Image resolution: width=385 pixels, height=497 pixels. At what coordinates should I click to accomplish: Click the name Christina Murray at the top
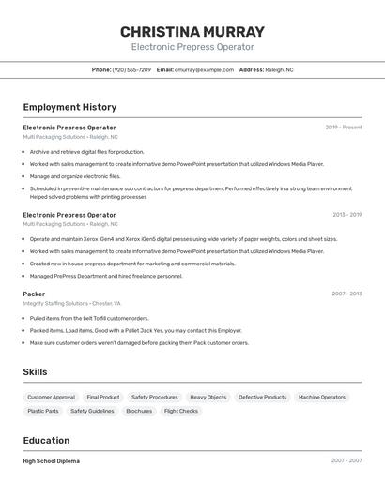[x=192, y=31]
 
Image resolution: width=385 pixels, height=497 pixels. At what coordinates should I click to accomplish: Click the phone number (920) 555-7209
[x=131, y=70]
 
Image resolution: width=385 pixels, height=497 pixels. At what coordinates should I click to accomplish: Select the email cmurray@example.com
[x=204, y=70]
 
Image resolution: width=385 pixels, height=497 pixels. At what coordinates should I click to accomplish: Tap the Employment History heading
[x=69, y=107]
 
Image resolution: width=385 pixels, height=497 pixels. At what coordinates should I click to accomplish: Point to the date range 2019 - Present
[x=343, y=128]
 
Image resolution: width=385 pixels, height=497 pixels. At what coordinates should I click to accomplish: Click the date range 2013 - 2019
[x=346, y=215]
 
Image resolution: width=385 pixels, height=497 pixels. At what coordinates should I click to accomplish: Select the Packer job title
[x=34, y=294]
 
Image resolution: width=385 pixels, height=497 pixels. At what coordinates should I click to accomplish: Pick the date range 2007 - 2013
[x=346, y=294]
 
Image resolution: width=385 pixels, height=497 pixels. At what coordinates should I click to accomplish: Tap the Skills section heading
[x=35, y=372]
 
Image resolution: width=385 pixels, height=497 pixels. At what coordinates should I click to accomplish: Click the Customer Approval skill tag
[x=51, y=398]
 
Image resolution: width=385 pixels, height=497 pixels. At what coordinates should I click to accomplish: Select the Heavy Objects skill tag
[x=208, y=398]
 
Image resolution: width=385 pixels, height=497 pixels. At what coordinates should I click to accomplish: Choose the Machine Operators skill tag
[x=322, y=398]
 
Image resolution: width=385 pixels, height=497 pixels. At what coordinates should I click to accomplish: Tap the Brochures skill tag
[x=139, y=411]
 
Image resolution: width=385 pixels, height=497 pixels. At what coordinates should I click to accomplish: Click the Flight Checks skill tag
[x=181, y=411]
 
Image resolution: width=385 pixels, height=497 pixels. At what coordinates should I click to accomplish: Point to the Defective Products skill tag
[x=262, y=398]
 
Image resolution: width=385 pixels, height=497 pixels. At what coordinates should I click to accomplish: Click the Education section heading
[x=46, y=441]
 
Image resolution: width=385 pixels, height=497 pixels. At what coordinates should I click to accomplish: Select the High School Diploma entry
[x=51, y=461]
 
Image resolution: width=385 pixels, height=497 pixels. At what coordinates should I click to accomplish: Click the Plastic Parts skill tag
[x=43, y=411]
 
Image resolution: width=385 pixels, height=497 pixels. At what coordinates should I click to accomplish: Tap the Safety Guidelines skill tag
[x=92, y=411]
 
